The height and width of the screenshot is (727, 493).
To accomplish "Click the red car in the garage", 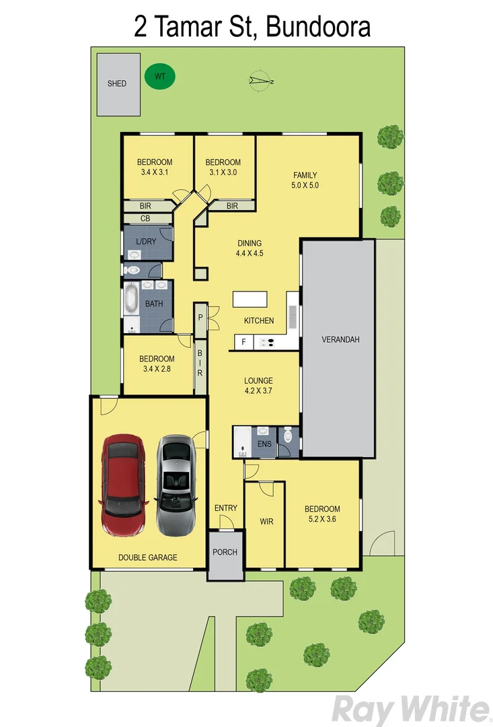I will coord(122,485).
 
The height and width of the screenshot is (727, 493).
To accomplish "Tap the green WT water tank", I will coord(160,77).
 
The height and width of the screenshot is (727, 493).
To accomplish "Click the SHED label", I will coord(117,84).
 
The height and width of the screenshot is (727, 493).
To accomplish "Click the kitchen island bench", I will coord(250,300).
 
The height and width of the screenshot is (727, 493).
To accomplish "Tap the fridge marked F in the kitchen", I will coord(243,343).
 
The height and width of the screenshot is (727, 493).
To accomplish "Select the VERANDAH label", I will coord(340,340).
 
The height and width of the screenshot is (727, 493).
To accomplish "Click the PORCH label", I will coord(225,553).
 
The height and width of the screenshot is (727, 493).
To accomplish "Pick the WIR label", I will coord(267,521).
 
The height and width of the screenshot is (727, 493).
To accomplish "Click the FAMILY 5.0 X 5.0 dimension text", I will coord(305,185).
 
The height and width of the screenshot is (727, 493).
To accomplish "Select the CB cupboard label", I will coord(145,219).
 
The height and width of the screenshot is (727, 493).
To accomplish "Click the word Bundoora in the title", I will coord(318,28).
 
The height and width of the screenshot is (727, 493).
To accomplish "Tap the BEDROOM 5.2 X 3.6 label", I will coord(322,514).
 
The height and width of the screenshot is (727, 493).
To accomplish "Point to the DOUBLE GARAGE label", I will coord(148,557).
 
